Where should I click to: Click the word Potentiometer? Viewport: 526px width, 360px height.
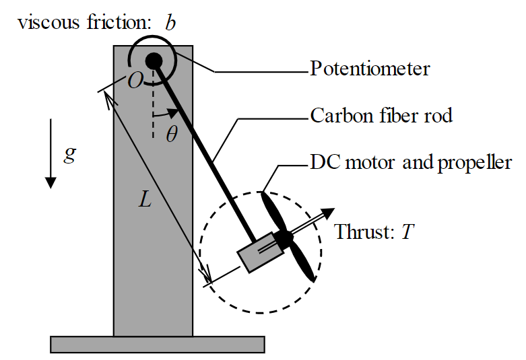[370, 69]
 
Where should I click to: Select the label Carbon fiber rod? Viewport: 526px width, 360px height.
[381, 115]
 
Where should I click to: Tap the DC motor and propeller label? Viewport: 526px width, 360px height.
[411, 162]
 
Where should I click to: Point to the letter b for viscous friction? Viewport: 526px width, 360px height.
[170, 22]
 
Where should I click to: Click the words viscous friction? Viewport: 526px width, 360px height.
[84, 22]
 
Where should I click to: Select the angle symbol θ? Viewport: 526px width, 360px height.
[172, 134]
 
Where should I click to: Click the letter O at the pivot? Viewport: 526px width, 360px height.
[135, 81]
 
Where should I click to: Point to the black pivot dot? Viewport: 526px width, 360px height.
[153, 60]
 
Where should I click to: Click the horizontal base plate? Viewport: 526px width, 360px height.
[157, 344]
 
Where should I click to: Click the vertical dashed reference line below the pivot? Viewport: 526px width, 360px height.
[154, 98]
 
